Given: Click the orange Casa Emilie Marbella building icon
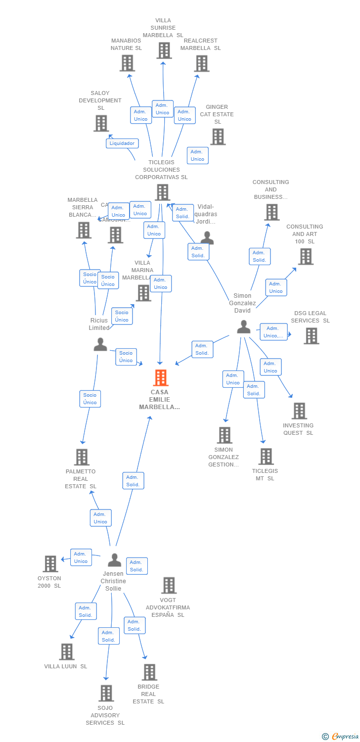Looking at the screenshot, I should coord(161,378).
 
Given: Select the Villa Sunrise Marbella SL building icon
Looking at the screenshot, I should coord(164,50).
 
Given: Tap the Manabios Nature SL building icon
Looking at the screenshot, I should coord(127,63).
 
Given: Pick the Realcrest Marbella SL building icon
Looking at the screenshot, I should coord(201,63).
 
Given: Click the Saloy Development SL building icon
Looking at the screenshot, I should coord(101,123).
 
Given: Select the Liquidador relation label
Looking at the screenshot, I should coord(122,143).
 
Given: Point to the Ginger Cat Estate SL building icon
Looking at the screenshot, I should coord(218,137).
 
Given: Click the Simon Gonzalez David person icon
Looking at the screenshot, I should coord(243,327).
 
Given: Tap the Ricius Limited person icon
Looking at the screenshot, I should coord(100,344).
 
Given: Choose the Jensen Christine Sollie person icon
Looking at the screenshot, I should coord(114,560).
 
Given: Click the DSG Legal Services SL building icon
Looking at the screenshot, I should coord(311,336).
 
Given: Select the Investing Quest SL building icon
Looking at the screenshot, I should coord(299,411).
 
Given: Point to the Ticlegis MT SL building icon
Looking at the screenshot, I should coord(266,456).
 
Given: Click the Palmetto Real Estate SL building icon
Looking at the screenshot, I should coord(82,457).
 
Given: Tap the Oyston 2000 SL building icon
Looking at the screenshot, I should coord(50,563).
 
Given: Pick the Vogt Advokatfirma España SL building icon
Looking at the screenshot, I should coord(169,585).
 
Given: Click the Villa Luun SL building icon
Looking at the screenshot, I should coord(67,651).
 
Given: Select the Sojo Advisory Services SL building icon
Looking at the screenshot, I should coord(106,693).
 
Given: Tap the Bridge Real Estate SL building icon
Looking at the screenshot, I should coord(149,672).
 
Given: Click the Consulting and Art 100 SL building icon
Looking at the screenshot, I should coord(306,256).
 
